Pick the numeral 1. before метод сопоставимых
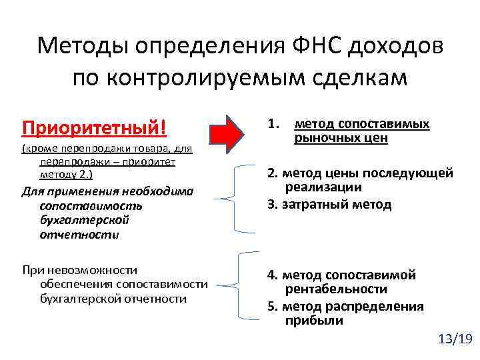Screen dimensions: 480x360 pyautogui.click(x=273, y=124)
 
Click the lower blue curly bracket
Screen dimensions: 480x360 pyautogui.click(x=238, y=285)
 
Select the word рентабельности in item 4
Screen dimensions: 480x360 pyautogui.click(x=336, y=289)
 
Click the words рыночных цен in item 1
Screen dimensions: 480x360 pyautogui.click(x=340, y=139)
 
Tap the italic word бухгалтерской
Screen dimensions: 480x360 pyautogui.click(x=84, y=220)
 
